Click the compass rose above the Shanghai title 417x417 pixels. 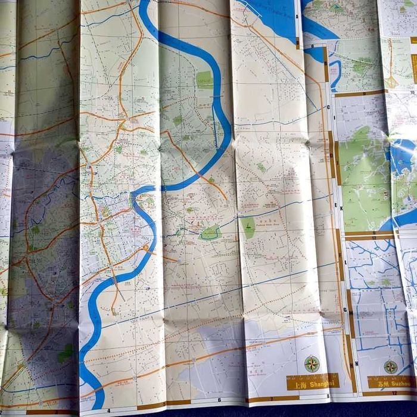click(x=312, y=363)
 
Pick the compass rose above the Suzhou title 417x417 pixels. click(x=390, y=366)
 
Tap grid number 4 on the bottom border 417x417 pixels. click(x=109, y=410)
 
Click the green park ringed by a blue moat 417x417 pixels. click(x=210, y=233)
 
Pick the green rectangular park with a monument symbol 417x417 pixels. click(x=248, y=226)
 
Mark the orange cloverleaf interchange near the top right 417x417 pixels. click(x=390, y=80)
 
